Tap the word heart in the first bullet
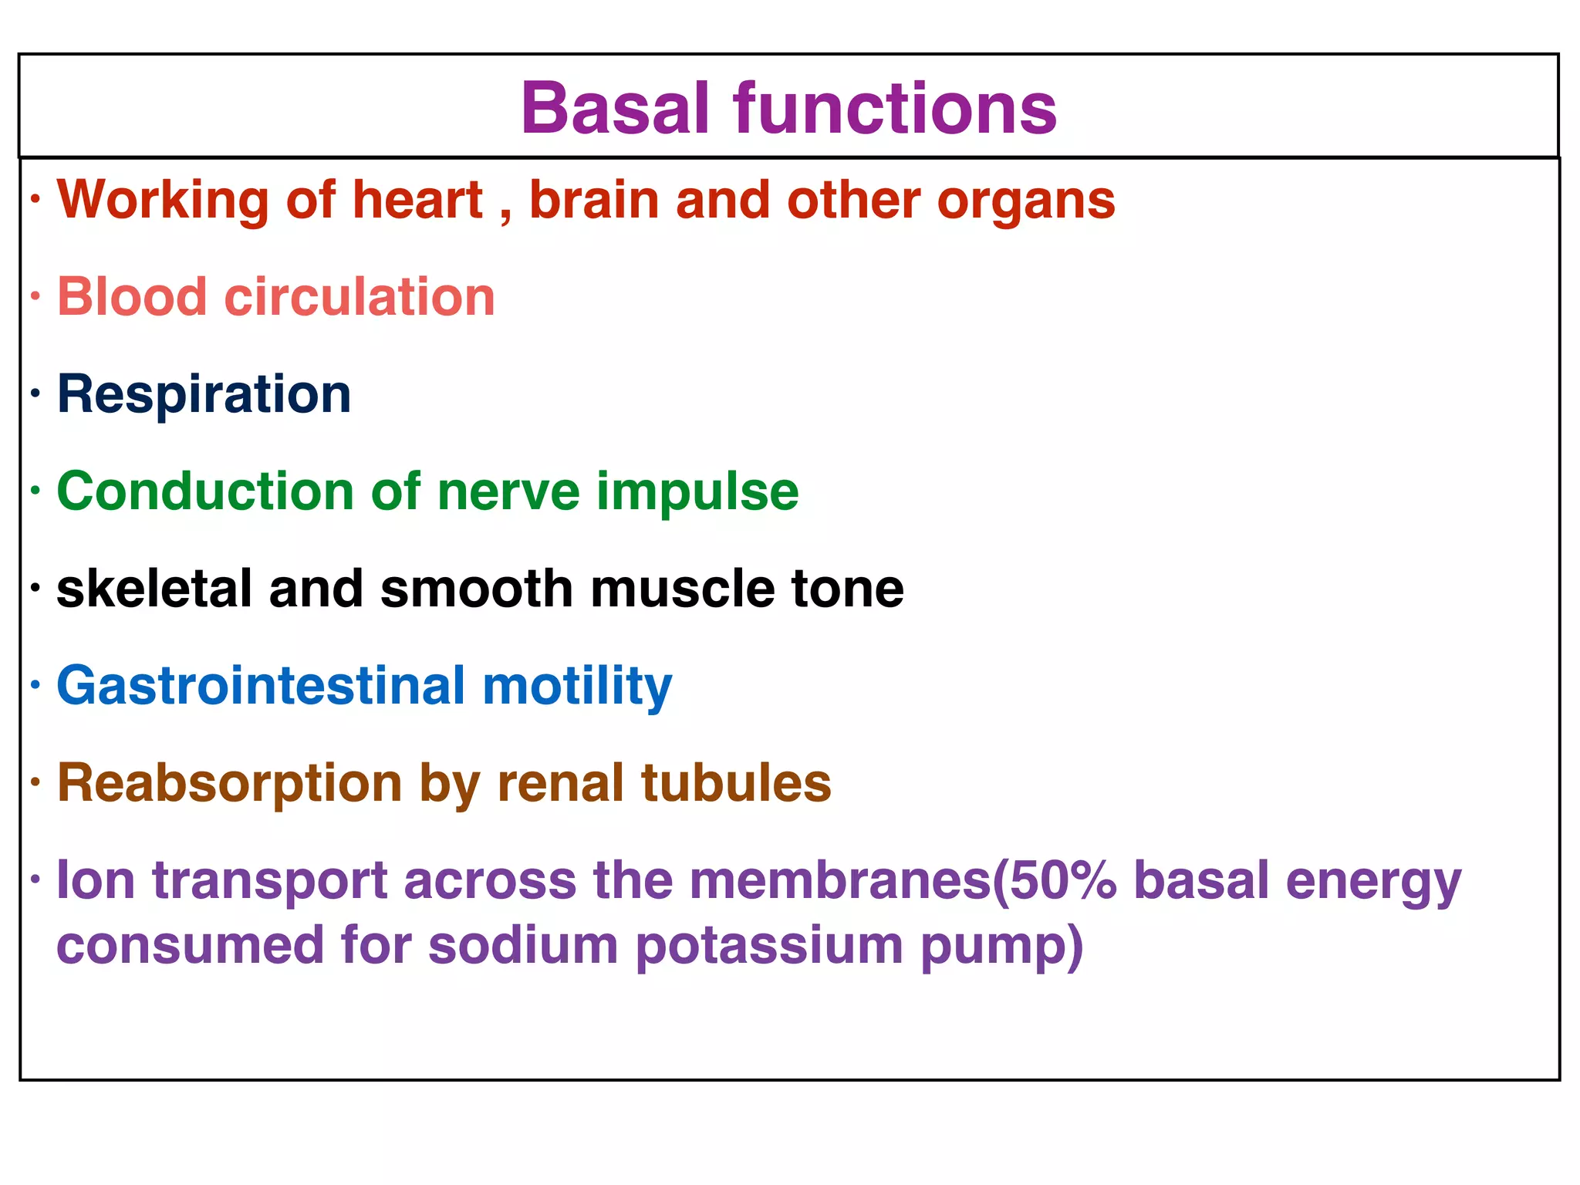(417, 201)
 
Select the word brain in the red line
(593, 201)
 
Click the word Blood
(132, 297)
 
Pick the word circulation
(360, 297)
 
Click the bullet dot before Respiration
(35, 395)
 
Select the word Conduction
(205, 491)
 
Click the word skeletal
(154, 589)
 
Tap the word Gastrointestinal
(261, 686)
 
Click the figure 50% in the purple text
(1063, 880)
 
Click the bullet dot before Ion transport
(35, 879)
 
